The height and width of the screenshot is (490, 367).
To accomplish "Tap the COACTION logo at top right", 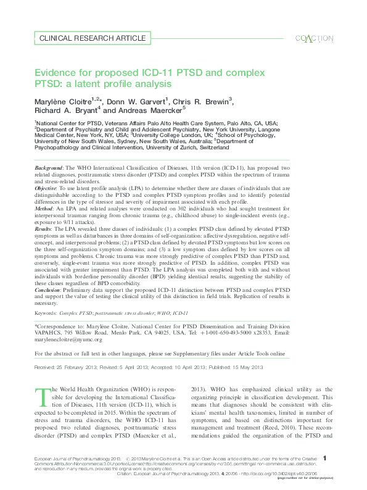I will tap(313, 38).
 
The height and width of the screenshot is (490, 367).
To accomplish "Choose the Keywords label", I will tap(46, 314).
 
